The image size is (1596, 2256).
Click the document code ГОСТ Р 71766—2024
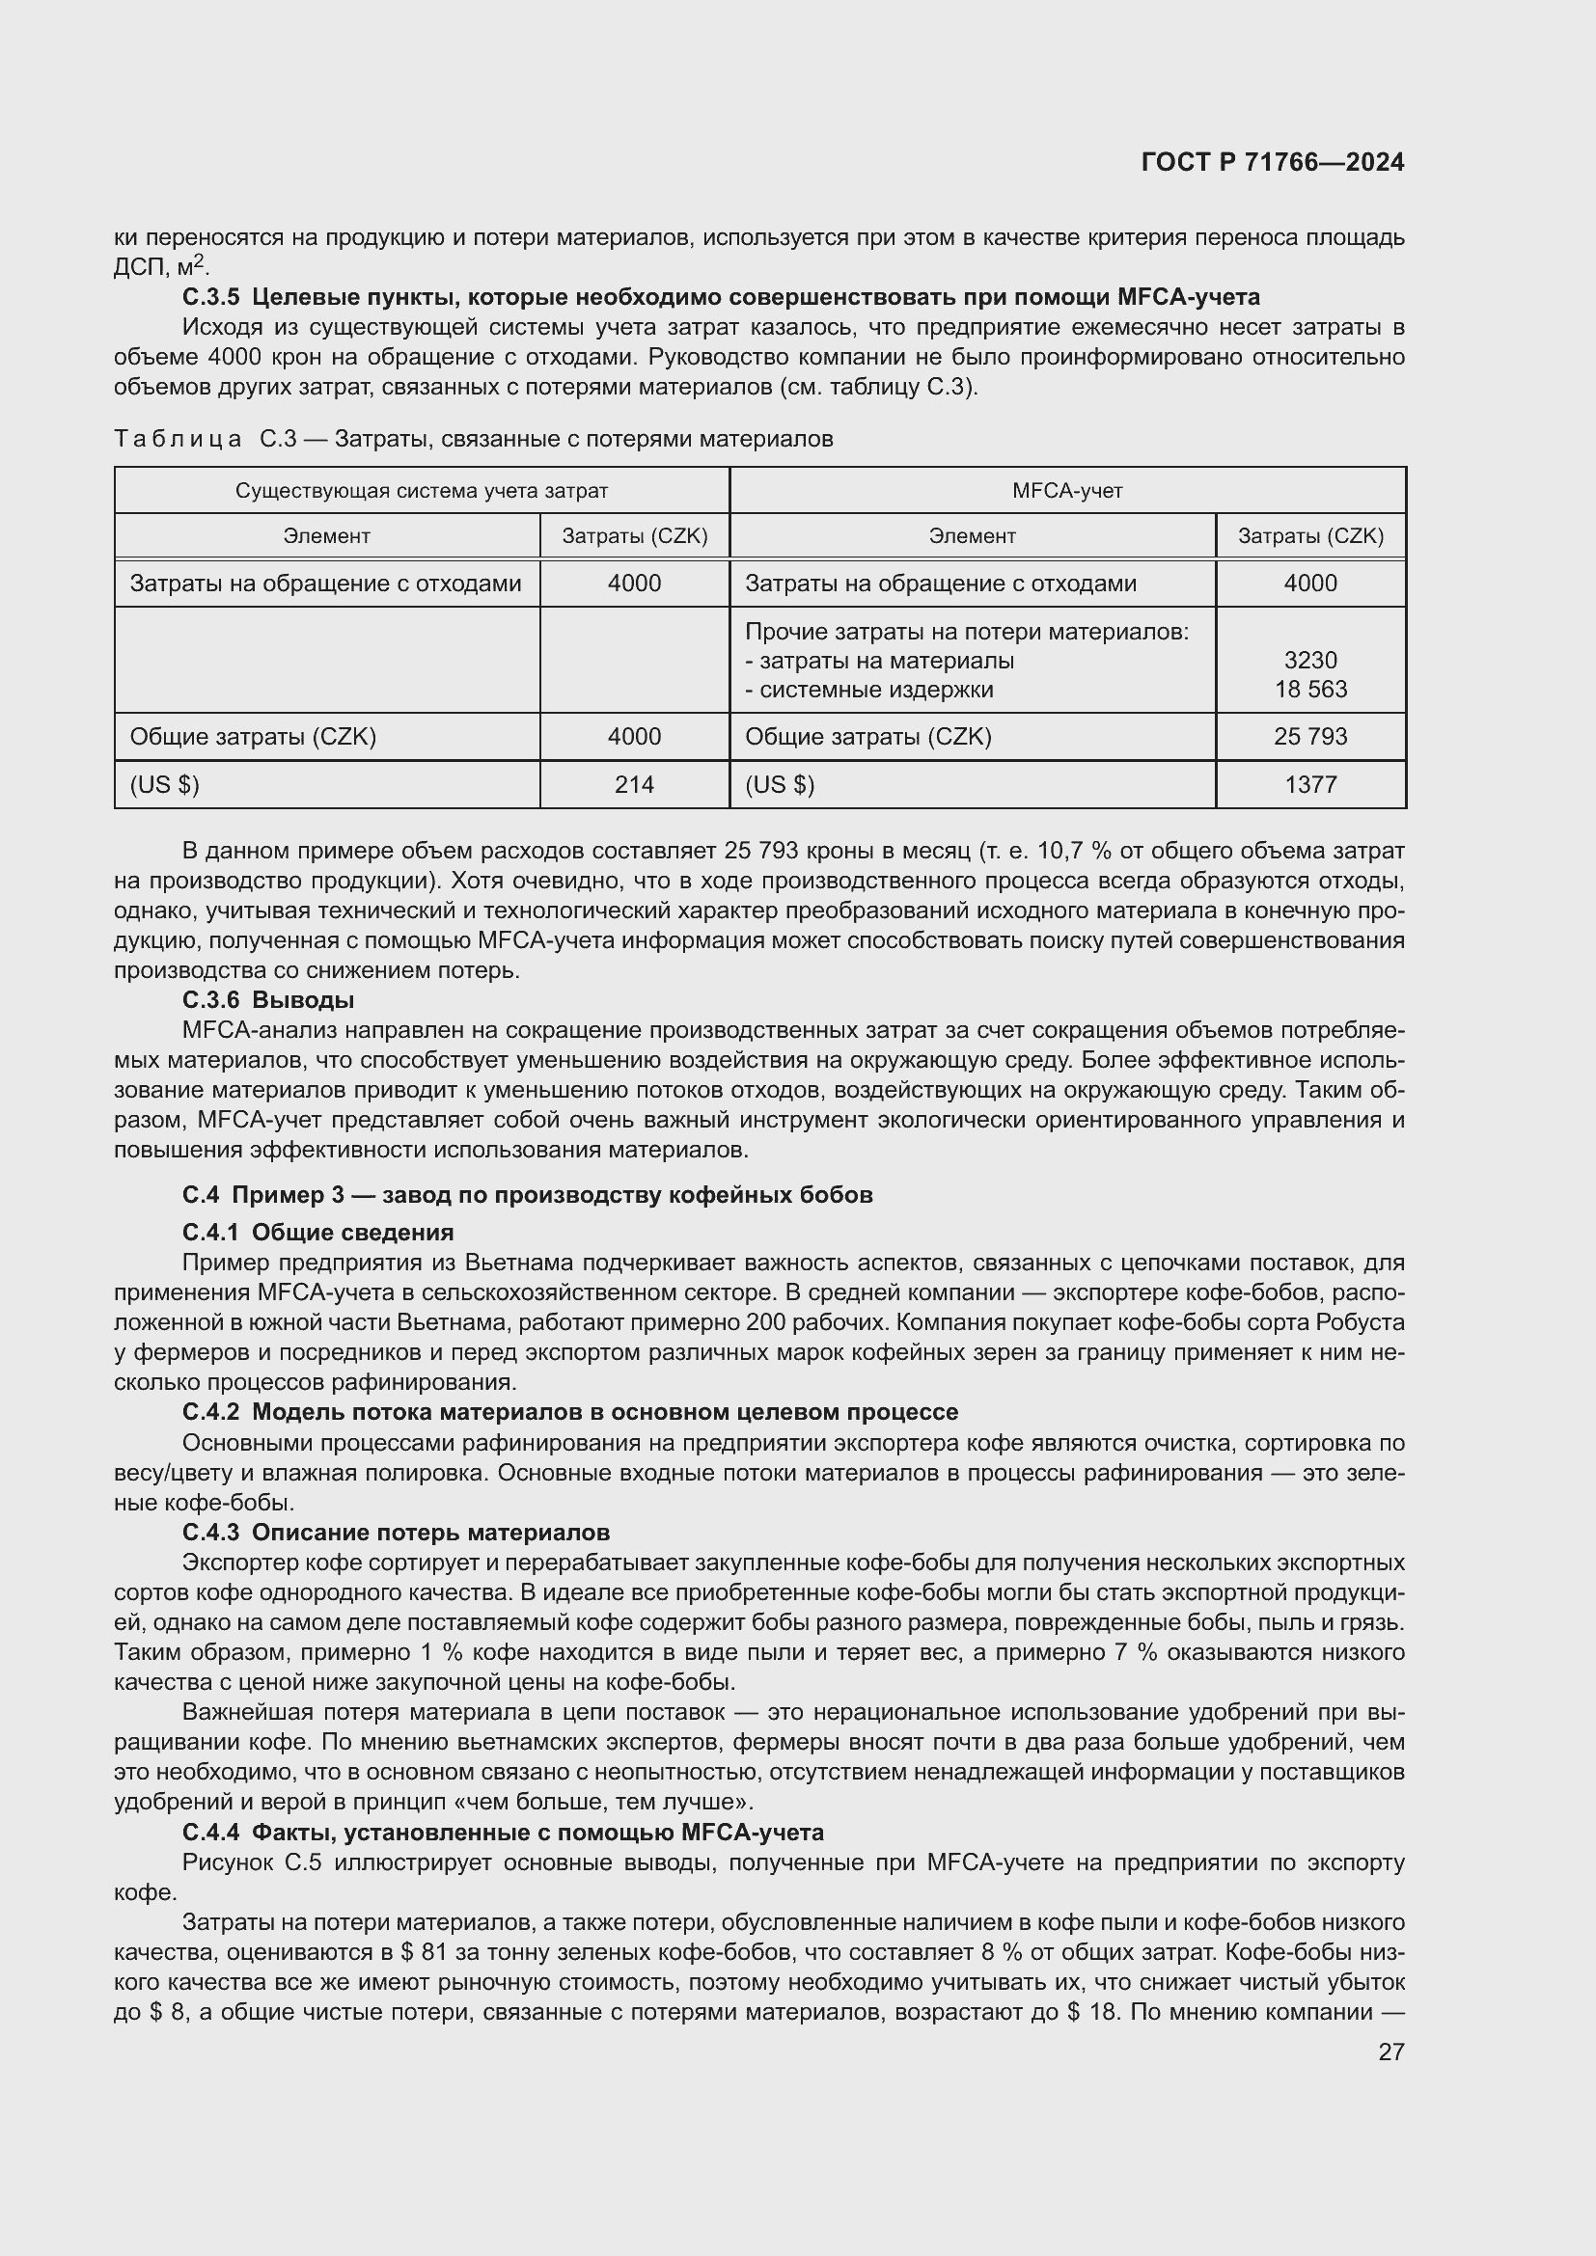(x=1272, y=163)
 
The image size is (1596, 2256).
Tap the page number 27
(x=1390, y=2052)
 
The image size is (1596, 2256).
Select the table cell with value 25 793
(x=1310, y=737)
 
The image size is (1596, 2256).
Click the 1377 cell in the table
(x=1310, y=785)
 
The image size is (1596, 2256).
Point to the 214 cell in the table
(x=634, y=785)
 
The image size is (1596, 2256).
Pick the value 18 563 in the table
(x=1311, y=690)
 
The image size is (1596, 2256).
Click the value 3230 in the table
(x=1310, y=661)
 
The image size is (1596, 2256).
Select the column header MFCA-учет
(x=1067, y=490)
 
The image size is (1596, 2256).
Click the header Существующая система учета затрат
(x=422, y=490)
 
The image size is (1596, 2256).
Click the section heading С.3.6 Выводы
(x=268, y=1000)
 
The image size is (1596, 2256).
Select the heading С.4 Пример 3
(x=527, y=1195)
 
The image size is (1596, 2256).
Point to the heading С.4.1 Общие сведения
(x=317, y=1232)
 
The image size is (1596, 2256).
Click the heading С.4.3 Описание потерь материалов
(x=396, y=1533)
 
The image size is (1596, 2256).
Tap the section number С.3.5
(x=210, y=297)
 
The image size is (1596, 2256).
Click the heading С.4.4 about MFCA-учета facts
(x=502, y=1833)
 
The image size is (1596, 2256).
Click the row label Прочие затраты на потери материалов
(x=966, y=632)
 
